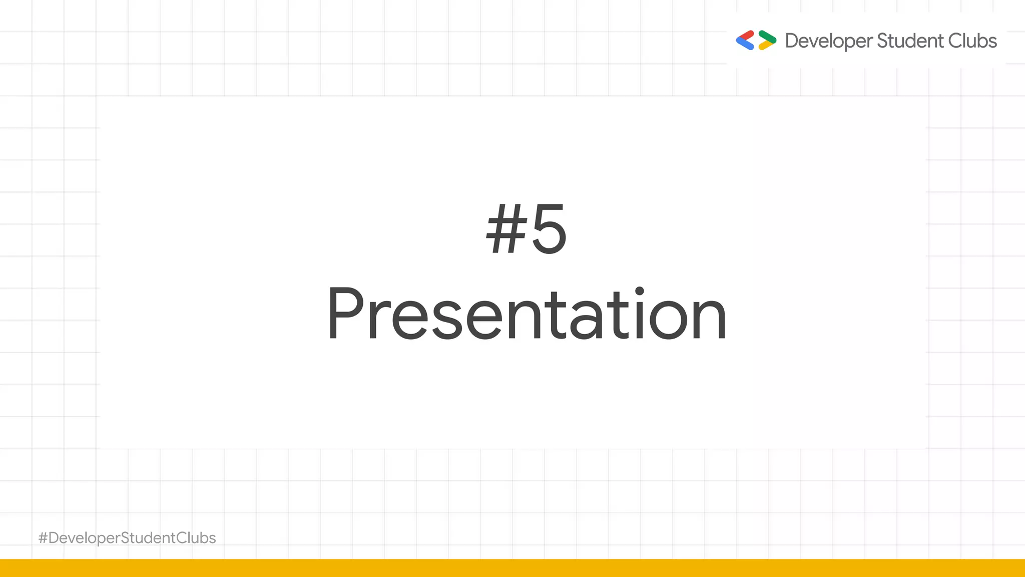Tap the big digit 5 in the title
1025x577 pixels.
click(549, 230)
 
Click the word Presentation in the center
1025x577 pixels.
click(527, 315)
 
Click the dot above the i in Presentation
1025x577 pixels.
click(639, 291)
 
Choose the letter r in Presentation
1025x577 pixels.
click(377, 321)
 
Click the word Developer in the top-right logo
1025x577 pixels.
click(829, 41)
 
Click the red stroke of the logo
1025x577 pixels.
click(746, 36)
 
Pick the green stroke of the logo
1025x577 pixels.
click(767, 36)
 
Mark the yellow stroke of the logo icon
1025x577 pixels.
click(766, 46)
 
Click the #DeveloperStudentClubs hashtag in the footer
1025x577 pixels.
click(127, 538)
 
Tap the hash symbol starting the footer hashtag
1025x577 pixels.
click(43, 538)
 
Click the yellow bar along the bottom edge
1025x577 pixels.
click(512, 568)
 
